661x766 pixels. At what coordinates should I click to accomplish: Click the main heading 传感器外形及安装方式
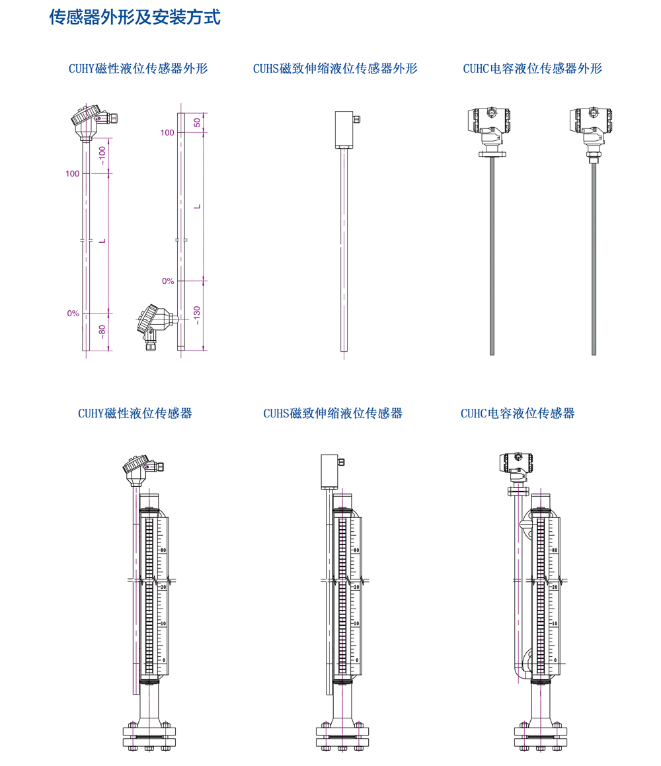click(x=135, y=18)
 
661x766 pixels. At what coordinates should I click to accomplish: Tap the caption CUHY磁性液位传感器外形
click(x=138, y=68)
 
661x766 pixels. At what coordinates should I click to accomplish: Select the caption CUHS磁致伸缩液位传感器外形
click(x=335, y=68)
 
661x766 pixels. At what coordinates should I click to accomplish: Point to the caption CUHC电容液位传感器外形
click(x=532, y=68)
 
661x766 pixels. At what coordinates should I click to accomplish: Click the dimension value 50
click(x=197, y=122)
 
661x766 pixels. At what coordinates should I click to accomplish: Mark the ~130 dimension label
click(x=197, y=315)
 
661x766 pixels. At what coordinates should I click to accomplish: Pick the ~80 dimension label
click(x=102, y=331)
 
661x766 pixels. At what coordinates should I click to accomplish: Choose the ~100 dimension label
click(x=102, y=155)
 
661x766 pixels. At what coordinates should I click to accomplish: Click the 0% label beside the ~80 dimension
click(x=73, y=313)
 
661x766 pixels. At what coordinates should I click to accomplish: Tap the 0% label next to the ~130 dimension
click(x=168, y=281)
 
